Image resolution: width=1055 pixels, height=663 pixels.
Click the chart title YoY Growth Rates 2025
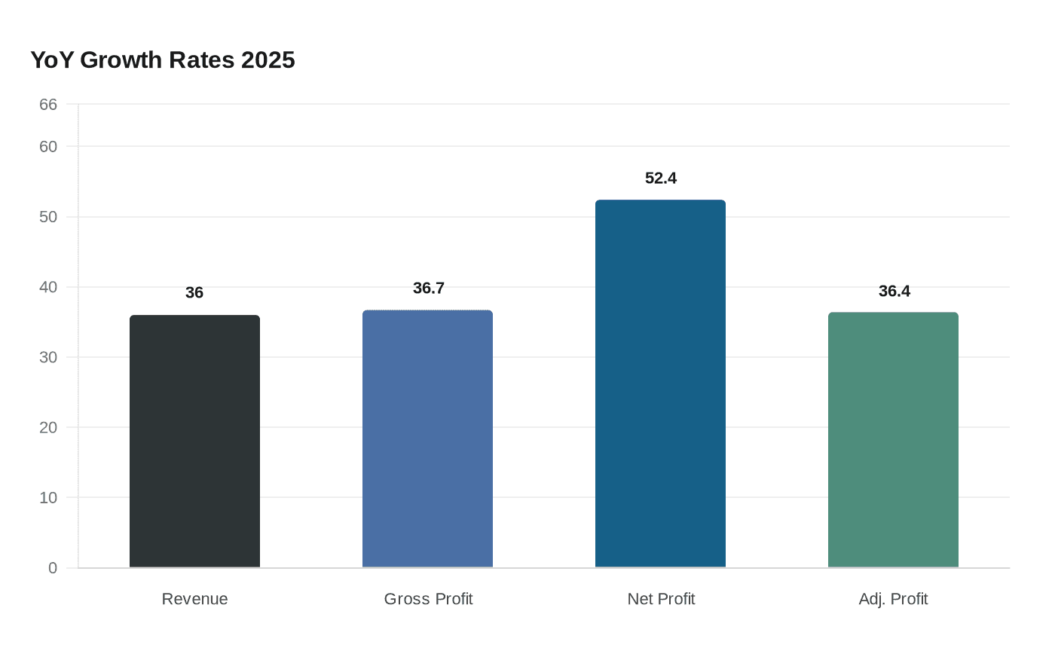(x=163, y=60)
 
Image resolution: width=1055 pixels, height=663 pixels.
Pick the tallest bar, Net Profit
(x=660, y=383)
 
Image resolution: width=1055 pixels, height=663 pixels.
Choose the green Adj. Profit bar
(x=893, y=440)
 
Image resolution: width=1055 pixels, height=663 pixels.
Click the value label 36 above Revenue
(x=194, y=293)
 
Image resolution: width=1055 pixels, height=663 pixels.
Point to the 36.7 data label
(x=429, y=289)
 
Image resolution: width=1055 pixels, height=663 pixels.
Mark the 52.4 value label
(x=661, y=179)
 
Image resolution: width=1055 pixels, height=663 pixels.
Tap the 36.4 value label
(x=894, y=292)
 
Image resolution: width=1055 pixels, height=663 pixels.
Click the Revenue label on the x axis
(x=194, y=599)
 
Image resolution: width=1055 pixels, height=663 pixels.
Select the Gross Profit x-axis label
(x=428, y=599)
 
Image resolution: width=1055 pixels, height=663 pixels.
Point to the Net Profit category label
(x=661, y=599)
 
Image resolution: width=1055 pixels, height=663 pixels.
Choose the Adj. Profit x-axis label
(x=893, y=599)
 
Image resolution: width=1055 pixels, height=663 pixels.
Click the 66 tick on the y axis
(x=48, y=105)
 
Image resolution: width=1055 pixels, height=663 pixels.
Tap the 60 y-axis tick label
(x=48, y=147)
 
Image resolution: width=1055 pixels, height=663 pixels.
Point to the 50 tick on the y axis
(x=48, y=217)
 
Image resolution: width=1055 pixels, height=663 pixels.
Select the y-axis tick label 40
(x=48, y=287)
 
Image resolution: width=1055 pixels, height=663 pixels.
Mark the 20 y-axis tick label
(x=48, y=427)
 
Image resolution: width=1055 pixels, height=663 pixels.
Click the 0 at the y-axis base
(x=53, y=568)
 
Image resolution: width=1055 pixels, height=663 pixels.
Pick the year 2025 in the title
(x=268, y=60)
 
